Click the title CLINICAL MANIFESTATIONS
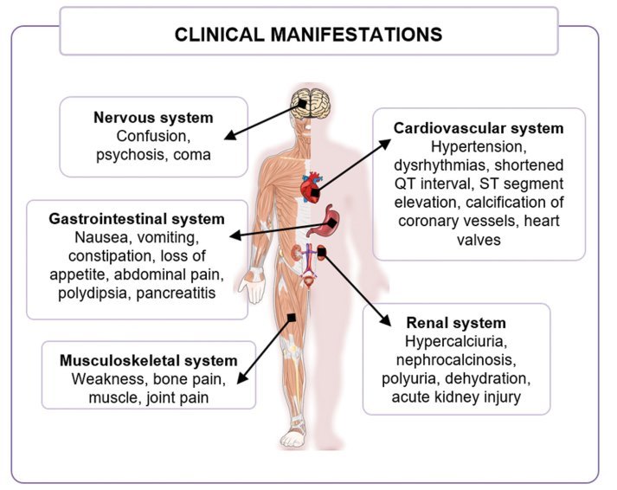(x=309, y=35)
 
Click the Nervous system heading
(x=153, y=117)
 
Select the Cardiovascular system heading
(x=479, y=128)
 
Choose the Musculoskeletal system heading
(x=148, y=360)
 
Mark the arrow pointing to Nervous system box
(x=260, y=120)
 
